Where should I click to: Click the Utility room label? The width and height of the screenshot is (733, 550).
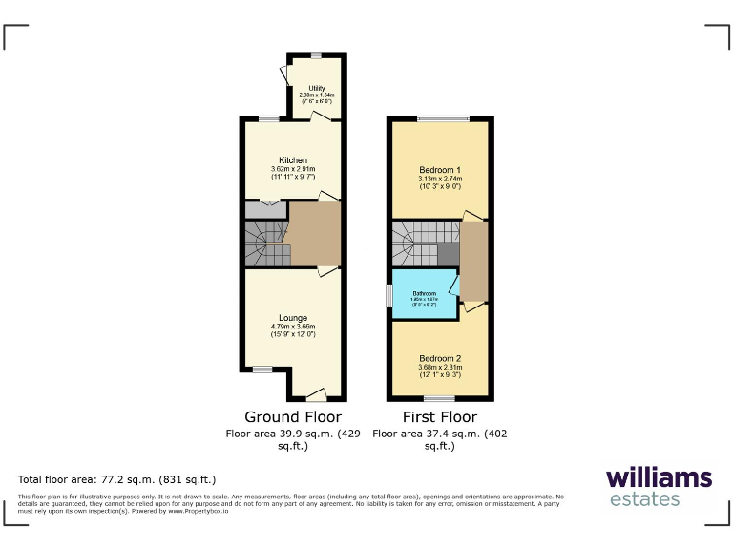(316, 89)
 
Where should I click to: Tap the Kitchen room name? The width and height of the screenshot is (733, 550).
(293, 159)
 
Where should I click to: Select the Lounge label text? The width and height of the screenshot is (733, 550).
(293, 318)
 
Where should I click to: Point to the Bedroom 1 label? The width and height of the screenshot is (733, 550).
(439, 169)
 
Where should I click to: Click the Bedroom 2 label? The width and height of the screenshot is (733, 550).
(439, 358)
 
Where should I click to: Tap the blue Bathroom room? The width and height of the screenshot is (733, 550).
(424, 296)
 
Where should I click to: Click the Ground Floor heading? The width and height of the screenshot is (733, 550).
(293, 417)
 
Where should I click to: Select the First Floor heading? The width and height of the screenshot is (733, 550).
(439, 417)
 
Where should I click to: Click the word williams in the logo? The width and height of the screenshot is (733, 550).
(659, 477)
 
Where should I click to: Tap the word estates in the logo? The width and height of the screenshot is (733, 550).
(644, 498)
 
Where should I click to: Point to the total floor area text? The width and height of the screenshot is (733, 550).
(117, 479)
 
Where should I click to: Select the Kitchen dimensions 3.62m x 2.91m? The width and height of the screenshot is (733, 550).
(293, 169)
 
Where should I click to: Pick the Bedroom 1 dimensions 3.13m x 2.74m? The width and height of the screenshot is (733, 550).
(439, 179)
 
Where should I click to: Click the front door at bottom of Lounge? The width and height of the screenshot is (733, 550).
(316, 395)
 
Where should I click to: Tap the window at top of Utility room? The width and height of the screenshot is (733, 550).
(316, 54)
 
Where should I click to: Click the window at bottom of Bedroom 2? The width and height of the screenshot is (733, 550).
(439, 398)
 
